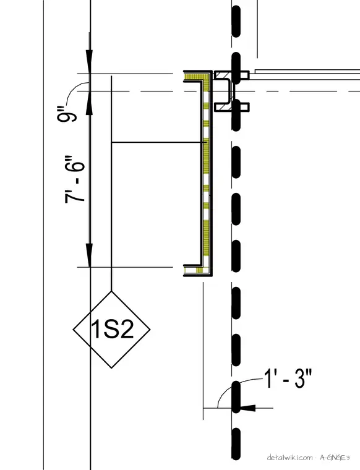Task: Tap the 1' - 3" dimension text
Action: coord(288,379)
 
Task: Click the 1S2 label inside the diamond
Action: coord(112,329)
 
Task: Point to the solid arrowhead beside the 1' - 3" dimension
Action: coord(248,408)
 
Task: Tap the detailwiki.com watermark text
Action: coord(289,458)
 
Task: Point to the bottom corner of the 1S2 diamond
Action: coord(111,368)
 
